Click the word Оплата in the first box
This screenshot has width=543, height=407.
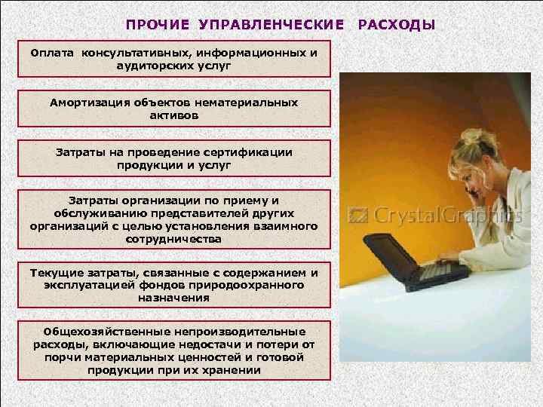pos(54,53)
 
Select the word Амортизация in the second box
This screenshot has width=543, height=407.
pos(86,102)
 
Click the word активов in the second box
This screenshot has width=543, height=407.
pos(173,116)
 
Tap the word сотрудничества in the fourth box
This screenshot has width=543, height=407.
pos(173,238)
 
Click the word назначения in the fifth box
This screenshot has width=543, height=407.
pos(173,298)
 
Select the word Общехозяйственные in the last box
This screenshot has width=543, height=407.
pos(95,332)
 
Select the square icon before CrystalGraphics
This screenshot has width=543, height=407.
pos(357,215)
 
